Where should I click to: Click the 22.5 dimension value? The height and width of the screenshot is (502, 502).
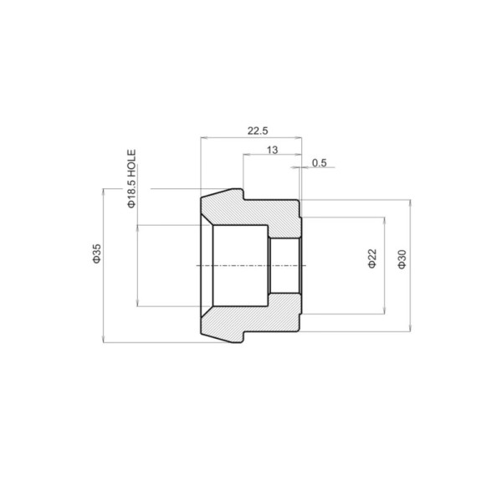(258, 131)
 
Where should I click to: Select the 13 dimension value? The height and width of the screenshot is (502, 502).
(272, 150)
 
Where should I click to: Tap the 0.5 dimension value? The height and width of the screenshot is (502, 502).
(320, 163)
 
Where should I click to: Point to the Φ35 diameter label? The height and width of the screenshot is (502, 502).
(97, 254)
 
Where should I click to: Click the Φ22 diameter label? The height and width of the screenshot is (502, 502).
(372, 259)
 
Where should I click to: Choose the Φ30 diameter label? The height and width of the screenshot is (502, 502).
(402, 259)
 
